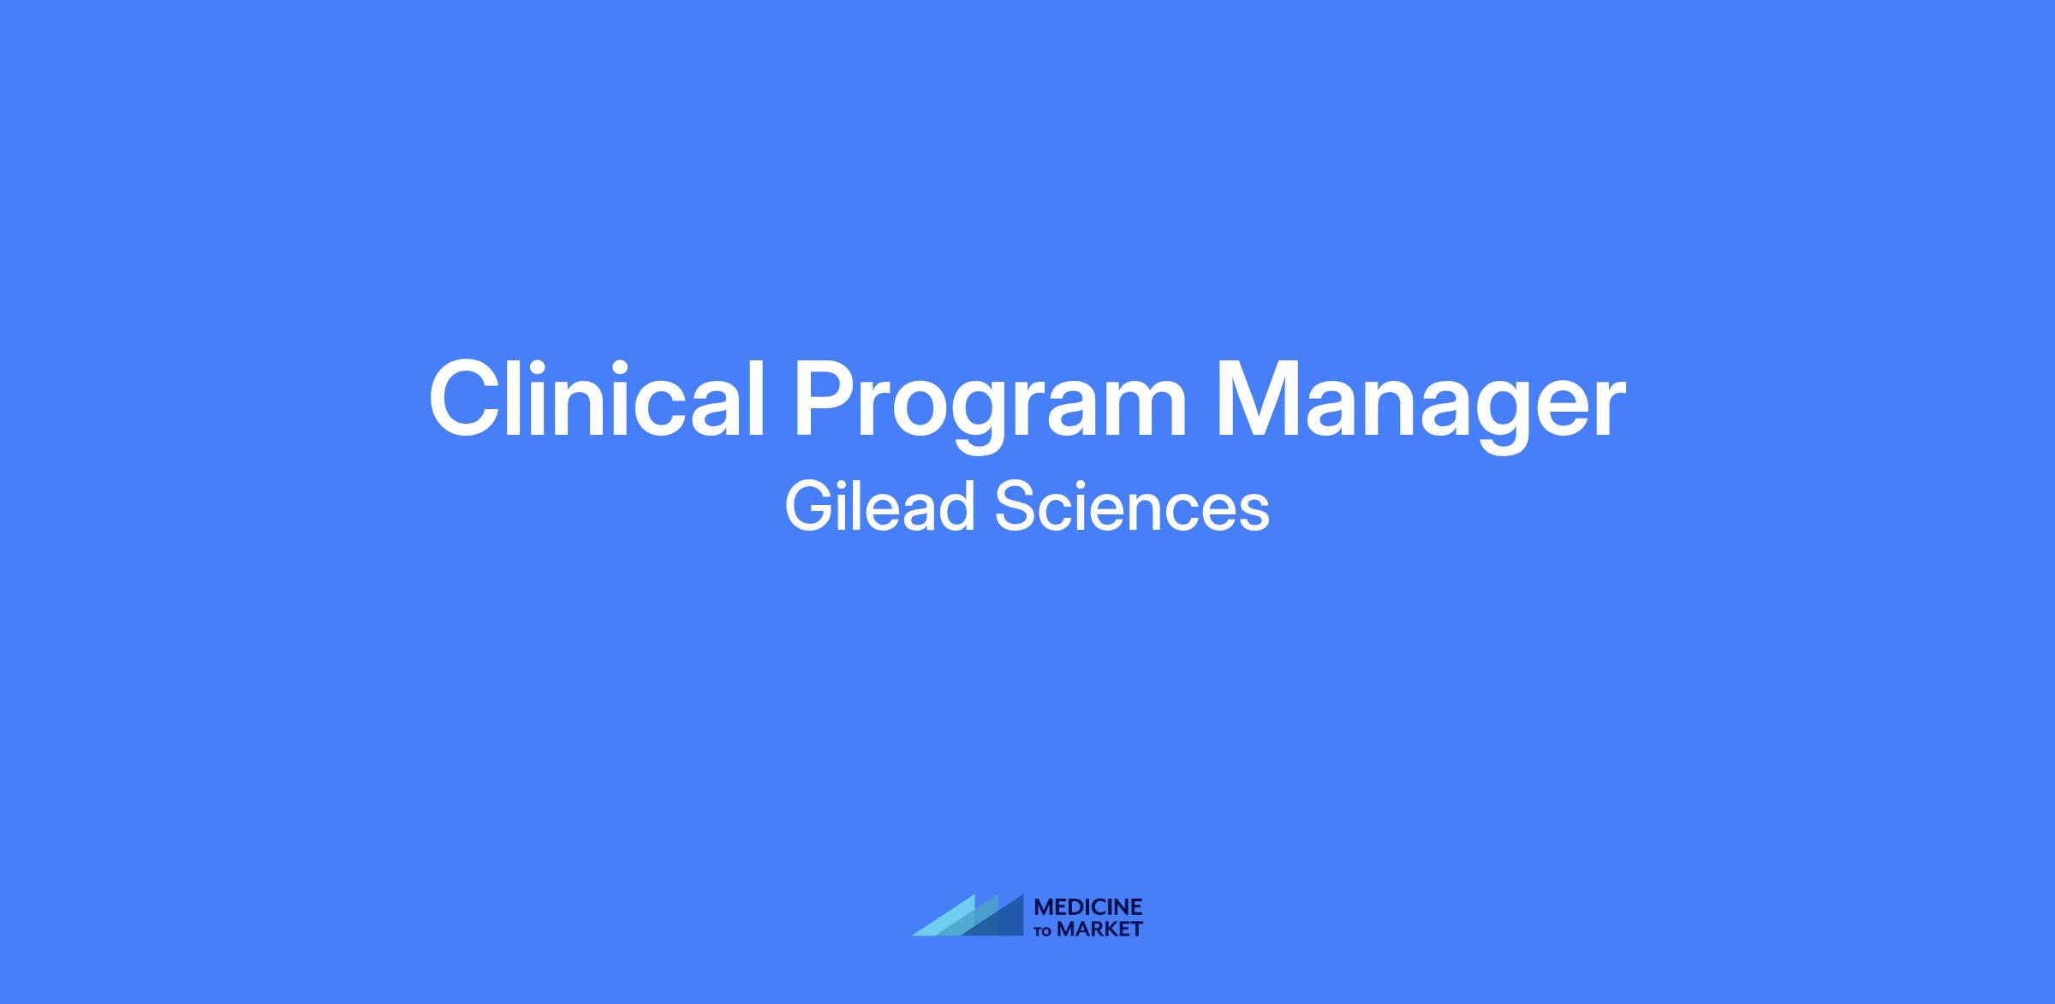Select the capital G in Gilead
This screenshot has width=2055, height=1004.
(809, 507)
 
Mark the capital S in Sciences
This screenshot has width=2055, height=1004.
(1016, 507)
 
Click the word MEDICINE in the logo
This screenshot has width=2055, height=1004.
(1088, 907)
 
